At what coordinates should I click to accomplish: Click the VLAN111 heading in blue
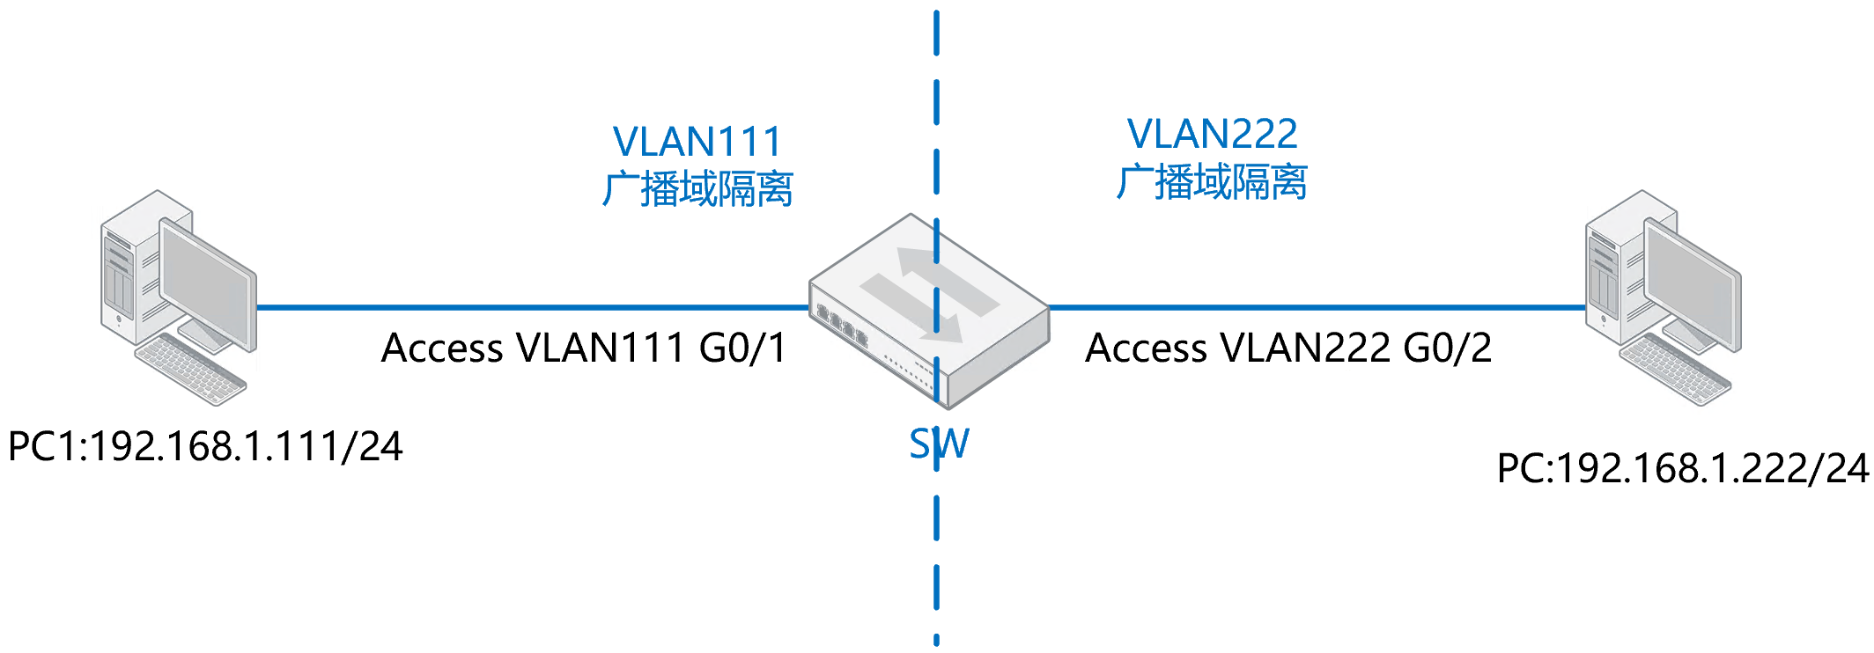(x=697, y=142)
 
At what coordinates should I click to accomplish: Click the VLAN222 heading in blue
(x=1212, y=134)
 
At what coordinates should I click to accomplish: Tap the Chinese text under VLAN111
(x=697, y=189)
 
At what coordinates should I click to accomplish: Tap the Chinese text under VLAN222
(x=1212, y=182)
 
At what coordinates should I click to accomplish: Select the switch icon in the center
(x=929, y=308)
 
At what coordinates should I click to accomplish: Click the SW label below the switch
(x=939, y=444)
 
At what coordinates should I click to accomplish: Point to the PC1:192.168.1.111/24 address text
(x=205, y=446)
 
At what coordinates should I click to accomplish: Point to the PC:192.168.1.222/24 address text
(x=1682, y=468)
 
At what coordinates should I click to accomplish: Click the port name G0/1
(x=742, y=348)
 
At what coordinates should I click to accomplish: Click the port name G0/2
(x=1447, y=348)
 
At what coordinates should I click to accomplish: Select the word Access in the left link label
(x=442, y=348)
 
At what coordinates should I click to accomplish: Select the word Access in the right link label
(x=1146, y=348)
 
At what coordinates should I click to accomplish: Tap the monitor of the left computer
(x=207, y=282)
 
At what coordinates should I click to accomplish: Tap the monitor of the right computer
(x=1692, y=282)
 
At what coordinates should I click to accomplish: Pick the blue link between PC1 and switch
(x=528, y=308)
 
